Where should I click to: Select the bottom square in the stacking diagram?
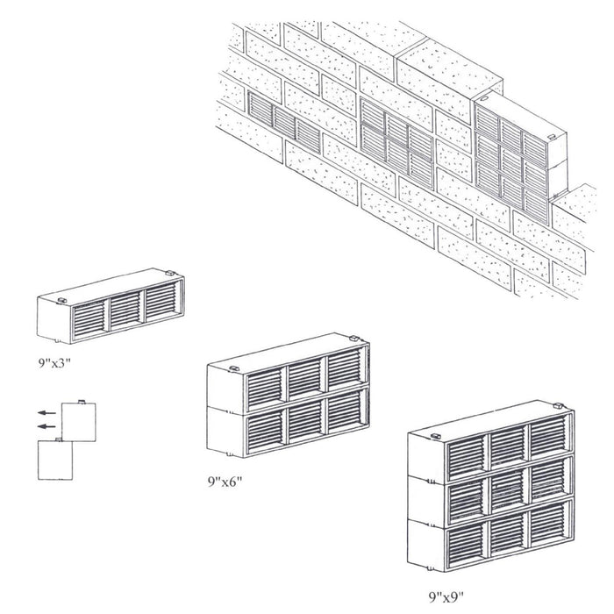(57, 459)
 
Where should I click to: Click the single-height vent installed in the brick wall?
(284, 119)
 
